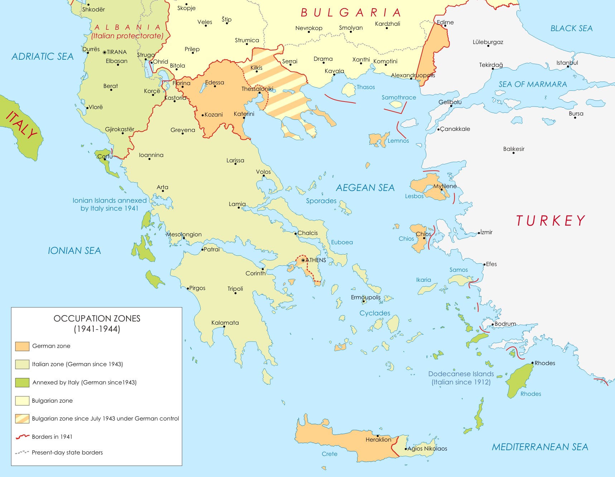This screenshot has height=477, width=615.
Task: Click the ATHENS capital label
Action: click(316, 260)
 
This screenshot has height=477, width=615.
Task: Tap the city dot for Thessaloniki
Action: click(259, 93)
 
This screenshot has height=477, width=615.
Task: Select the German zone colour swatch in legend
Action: click(22, 346)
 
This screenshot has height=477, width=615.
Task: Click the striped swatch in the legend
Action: click(22, 419)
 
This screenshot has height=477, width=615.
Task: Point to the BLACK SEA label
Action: click(571, 28)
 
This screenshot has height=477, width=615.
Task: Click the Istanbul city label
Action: click(567, 63)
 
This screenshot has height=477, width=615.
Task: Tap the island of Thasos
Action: click(348, 89)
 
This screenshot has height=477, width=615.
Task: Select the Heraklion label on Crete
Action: click(378, 439)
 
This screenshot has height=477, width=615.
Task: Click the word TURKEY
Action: click(551, 221)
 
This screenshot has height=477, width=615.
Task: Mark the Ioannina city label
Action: click(151, 155)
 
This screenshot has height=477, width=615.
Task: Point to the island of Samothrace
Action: click(396, 104)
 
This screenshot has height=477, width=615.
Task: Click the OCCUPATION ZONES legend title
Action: click(97, 318)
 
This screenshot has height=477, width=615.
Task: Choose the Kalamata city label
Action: click(225, 323)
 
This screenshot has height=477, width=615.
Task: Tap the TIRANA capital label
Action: click(117, 52)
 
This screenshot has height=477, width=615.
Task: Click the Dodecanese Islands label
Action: click(461, 374)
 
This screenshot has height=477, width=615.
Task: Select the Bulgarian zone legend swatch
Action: click(22, 400)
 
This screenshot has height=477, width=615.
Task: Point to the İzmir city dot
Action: click(479, 233)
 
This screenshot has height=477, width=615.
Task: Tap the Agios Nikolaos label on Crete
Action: click(427, 448)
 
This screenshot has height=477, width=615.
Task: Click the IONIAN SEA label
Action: click(75, 251)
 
